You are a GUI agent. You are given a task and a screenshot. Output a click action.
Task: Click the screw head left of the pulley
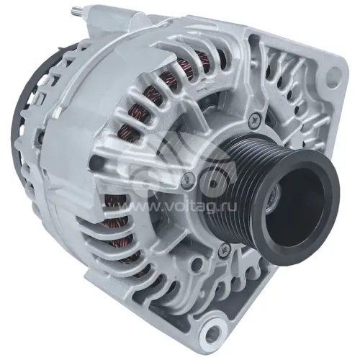coord(188,178)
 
